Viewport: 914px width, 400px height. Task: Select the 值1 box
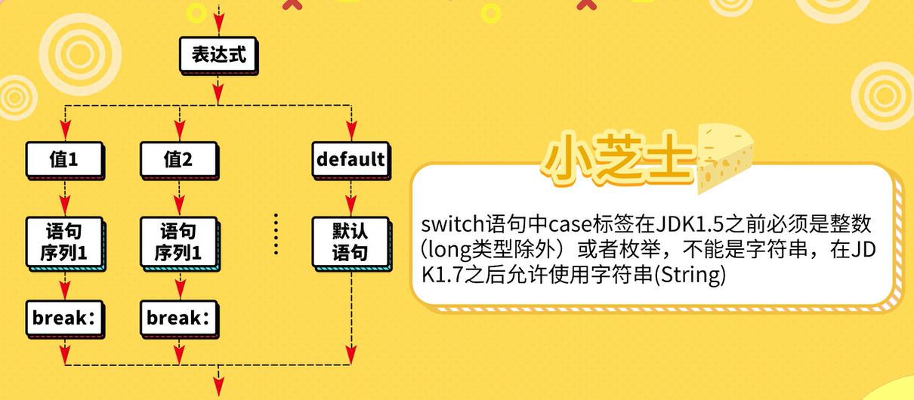point(64,159)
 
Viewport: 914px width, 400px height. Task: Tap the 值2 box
point(178,159)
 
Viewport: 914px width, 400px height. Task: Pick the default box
point(350,159)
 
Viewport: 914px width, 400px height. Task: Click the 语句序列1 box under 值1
point(65,242)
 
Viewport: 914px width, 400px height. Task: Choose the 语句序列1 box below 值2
point(178,242)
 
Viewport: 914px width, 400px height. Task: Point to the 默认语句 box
point(350,242)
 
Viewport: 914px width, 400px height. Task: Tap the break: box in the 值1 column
point(66,318)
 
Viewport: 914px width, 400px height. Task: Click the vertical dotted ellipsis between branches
point(276,234)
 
